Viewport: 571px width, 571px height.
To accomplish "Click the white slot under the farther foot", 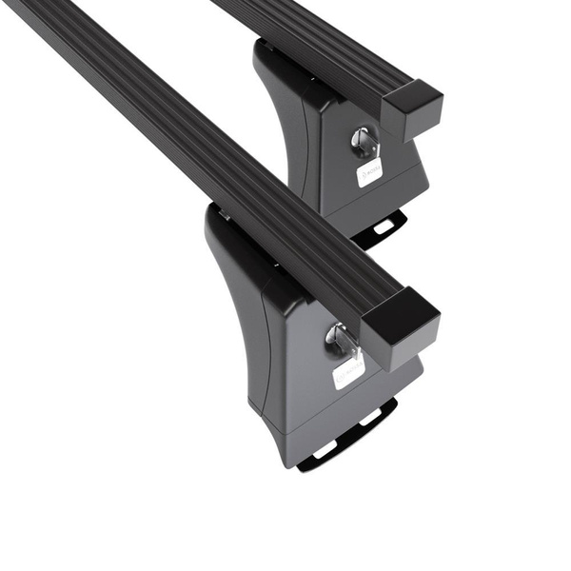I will pyautogui.click(x=384, y=226).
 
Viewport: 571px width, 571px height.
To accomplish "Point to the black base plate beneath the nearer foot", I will pyautogui.click(x=347, y=440).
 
